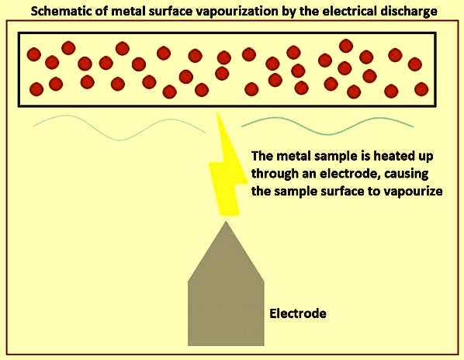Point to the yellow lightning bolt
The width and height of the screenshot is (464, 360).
point(227,171)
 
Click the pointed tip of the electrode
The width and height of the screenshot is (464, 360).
point(226,222)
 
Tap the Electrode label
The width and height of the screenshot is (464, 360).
point(298,313)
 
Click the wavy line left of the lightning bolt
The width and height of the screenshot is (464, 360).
point(119,127)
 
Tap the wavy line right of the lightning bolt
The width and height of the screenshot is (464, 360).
point(327,126)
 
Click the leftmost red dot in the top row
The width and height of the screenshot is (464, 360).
point(33,54)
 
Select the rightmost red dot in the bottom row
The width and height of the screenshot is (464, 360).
point(421,89)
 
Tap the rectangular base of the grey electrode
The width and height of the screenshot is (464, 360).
point(226,313)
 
